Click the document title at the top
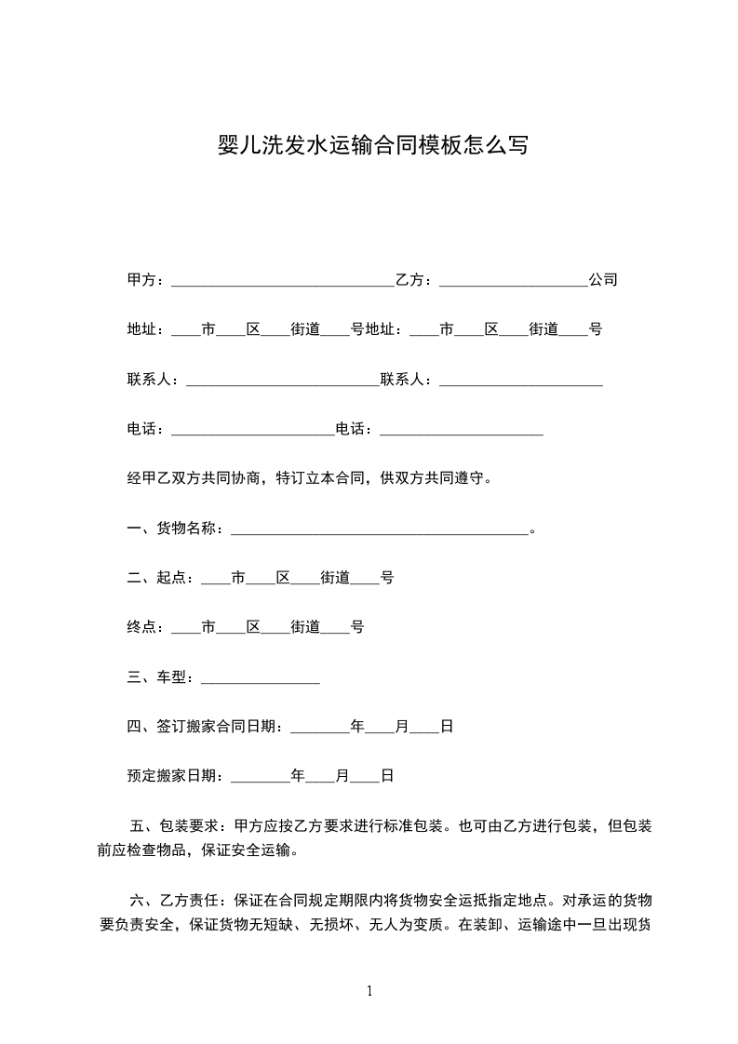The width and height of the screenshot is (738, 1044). coord(372,146)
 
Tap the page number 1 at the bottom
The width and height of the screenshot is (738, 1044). coord(369,990)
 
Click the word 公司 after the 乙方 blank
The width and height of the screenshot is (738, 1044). coord(603,280)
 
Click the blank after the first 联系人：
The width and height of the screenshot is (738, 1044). coord(283,381)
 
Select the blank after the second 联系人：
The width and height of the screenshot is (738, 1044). coord(520,381)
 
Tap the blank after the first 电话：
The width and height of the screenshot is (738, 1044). coord(252,432)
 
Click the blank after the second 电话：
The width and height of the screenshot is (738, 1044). coord(462,432)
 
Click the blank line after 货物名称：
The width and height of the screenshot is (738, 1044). coord(379,531)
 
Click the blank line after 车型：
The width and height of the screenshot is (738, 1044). coord(261,681)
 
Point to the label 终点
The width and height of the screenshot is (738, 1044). coord(141,627)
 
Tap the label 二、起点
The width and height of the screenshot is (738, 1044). coord(157,578)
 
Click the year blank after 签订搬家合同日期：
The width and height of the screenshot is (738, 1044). coord(319,729)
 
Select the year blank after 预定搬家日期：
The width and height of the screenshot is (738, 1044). coord(260,779)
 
